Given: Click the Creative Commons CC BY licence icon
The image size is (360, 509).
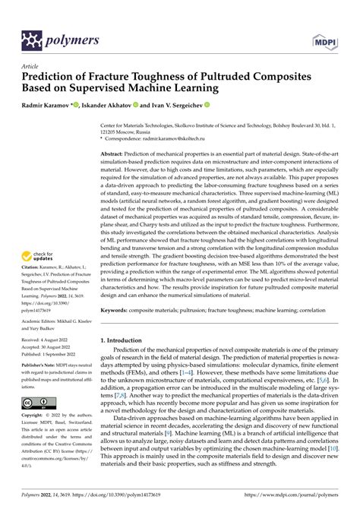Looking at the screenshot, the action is coord(39,400).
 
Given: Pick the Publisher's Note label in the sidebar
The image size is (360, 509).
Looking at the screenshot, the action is coord(41,364).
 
